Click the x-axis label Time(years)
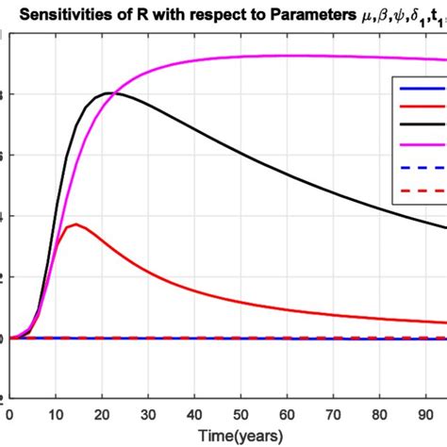(223, 436)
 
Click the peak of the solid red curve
(75, 224)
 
